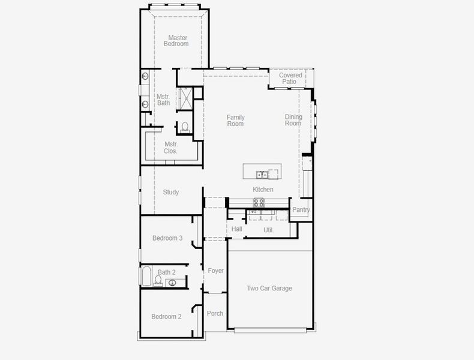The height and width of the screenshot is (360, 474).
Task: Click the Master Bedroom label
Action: (x=178, y=41)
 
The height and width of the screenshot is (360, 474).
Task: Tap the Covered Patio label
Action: (x=290, y=79)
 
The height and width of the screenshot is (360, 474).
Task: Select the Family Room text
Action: (x=235, y=121)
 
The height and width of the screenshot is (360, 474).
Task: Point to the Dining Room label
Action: (x=293, y=121)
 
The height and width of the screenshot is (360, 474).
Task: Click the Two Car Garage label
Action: (x=269, y=289)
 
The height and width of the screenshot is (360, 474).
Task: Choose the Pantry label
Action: (x=301, y=210)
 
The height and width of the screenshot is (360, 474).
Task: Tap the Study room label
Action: (x=171, y=193)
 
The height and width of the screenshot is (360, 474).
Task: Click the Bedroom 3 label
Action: (x=167, y=238)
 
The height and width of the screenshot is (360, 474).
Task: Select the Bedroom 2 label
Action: (x=166, y=317)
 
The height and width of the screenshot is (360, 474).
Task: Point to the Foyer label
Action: (x=215, y=271)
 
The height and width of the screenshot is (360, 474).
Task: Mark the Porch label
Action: (x=215, y=314)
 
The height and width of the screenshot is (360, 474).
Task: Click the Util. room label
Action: (x=268, y=230)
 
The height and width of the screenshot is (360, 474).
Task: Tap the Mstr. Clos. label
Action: (x=171, y=148)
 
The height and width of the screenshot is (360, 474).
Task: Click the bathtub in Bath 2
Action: (x=146, y=277)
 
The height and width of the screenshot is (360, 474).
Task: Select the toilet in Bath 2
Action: (x=158, y=280)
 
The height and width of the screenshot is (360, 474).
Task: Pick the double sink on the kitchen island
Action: (x=263, y=175)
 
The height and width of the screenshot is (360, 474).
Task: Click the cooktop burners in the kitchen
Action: (x=259, y=202)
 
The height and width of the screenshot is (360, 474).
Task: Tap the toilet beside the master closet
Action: (x=185, y=127)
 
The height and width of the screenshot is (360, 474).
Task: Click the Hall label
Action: (x=236, y=229)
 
